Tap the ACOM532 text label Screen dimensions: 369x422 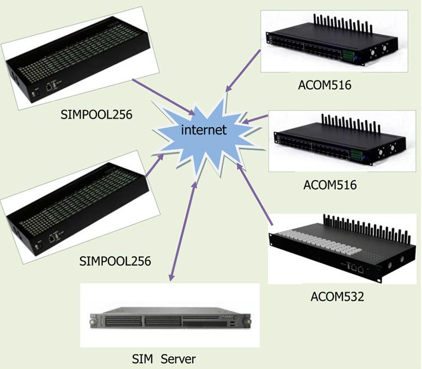click(x=337, y=297)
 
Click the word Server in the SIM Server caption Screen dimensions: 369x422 click(x=179, y=359)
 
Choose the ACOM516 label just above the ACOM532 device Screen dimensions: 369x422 click(x=329, y=185)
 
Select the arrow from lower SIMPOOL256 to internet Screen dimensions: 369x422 click(x=154, y=166)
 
